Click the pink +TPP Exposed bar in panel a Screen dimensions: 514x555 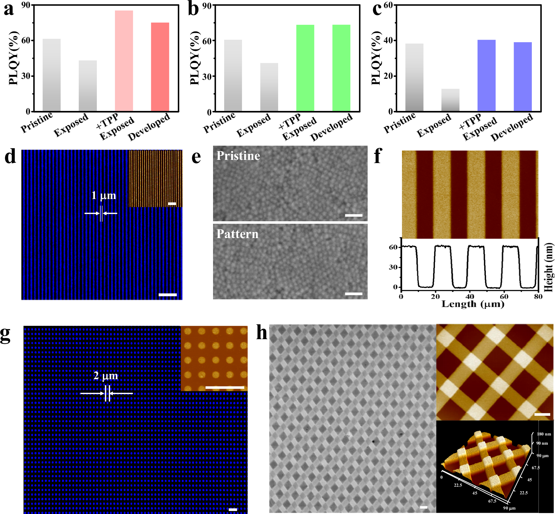coord(124,61)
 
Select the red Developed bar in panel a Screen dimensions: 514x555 coord(160,67)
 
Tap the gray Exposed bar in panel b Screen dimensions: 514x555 coord(269,87)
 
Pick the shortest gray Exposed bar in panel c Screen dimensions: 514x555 coord(450,100)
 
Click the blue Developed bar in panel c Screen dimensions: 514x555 coord(523,77)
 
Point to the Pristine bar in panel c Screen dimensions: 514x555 coord(414,77)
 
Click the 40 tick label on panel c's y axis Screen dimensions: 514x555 coord(388,40)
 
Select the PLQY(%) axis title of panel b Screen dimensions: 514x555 coord(195,58)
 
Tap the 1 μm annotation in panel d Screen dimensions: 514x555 coord(104,195)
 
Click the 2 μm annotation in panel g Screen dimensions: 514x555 coord(105,376)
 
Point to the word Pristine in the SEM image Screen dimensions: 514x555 coord(238,156)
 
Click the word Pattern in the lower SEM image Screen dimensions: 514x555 coord(237,234)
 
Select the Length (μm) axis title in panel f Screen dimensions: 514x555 coord(473,305)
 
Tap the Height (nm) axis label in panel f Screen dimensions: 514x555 coord(549,267)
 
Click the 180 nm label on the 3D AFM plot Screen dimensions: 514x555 coord(544,434)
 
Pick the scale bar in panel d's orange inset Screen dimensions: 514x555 coord(172,203)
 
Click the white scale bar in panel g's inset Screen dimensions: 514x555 coord(225,387)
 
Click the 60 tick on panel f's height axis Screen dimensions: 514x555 coord(393,247)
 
